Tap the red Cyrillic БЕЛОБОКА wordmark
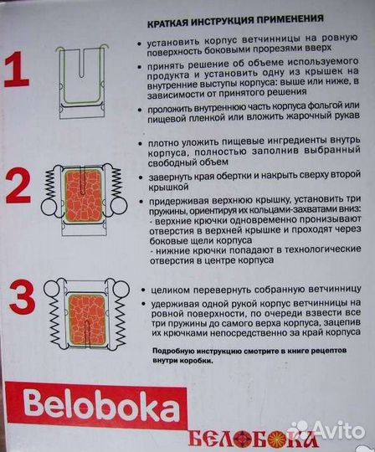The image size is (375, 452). (x=243, y=437)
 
